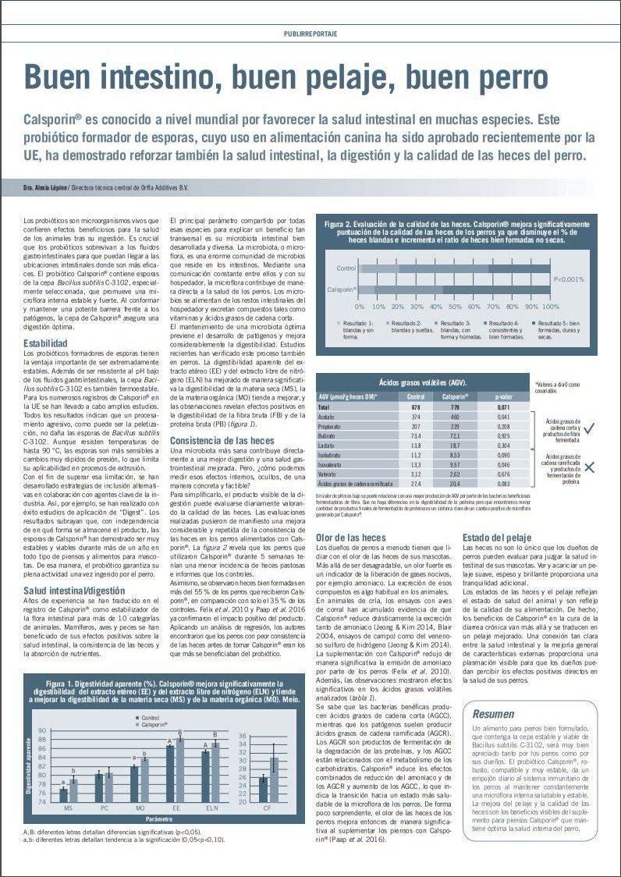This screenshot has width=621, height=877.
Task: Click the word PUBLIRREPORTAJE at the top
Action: (310, 35)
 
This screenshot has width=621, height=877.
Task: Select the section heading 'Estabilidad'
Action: (51, 343)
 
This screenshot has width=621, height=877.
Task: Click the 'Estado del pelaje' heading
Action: (497, 538)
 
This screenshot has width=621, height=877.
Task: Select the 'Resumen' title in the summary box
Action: (493, 713)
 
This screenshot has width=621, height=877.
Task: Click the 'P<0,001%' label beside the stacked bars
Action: (569, 279)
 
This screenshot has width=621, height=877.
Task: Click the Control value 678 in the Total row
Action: (416, 407)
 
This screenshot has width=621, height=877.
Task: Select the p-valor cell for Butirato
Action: (504, 435)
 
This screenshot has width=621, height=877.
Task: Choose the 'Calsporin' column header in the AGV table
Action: (456, 396)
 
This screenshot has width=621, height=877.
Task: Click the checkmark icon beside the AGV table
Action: (591, 427)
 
